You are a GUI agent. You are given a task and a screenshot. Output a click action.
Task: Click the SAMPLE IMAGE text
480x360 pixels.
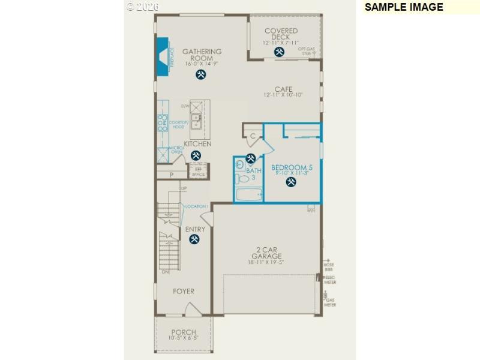click(403, 7)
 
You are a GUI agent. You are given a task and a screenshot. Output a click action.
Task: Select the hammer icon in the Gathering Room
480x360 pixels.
click(201, 74)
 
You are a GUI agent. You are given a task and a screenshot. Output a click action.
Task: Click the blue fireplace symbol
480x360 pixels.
click(163, 56)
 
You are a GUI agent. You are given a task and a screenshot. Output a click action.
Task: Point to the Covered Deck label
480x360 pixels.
click(281, 34)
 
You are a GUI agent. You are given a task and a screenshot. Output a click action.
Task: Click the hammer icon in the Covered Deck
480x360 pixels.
click(279, 52)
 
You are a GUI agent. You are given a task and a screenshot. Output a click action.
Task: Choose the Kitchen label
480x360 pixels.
click(197, 144)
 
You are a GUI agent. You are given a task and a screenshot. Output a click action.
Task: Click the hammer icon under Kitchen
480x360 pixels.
click(196, 155)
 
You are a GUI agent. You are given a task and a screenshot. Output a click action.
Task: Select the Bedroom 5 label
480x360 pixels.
click(292, 167)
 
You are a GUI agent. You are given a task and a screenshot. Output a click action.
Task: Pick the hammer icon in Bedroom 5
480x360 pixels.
click(291, 182)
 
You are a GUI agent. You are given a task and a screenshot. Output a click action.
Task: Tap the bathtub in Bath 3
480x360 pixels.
click(248, 194)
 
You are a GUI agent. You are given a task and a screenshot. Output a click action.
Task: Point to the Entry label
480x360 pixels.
click(195, 229)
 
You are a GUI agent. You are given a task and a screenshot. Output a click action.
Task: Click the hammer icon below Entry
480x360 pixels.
click(194, 239)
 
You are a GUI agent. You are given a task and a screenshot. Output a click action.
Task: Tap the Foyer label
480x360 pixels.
click(184, 292)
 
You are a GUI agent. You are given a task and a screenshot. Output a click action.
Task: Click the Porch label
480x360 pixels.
click(184, 332)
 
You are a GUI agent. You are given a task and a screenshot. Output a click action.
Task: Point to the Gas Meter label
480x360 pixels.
click(330, 302)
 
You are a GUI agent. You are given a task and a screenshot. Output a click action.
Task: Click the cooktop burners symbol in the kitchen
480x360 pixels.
click(162, 122)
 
